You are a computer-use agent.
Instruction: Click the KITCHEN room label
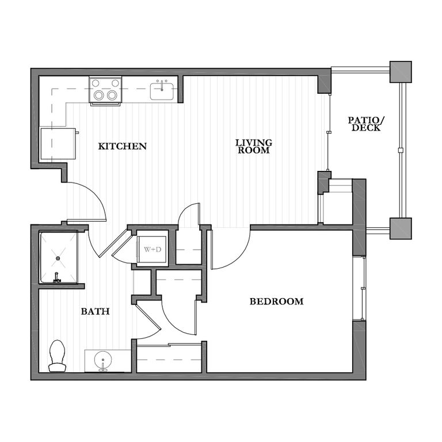pos(122,146)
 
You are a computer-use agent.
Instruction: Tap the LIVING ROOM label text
pos(253,146)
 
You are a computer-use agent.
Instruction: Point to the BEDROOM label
pos(276,302)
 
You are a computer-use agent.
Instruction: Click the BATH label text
pos(95,311)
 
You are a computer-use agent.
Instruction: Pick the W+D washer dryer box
pos(151,249)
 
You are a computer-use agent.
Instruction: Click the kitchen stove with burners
pos(105,91)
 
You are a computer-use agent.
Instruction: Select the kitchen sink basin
pos(163,91)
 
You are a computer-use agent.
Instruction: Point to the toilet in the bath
pos(57,355)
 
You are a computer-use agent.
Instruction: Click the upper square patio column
pos(400,72)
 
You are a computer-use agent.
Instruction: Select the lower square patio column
pos(400,228)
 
